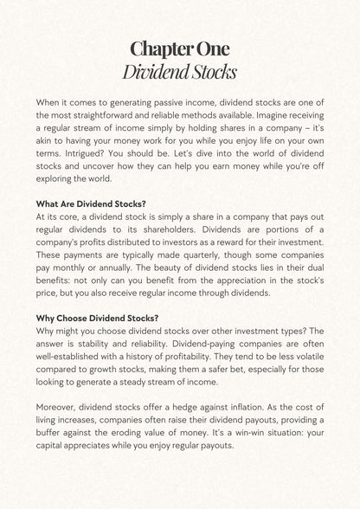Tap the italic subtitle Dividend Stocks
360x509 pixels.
(180, 69)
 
